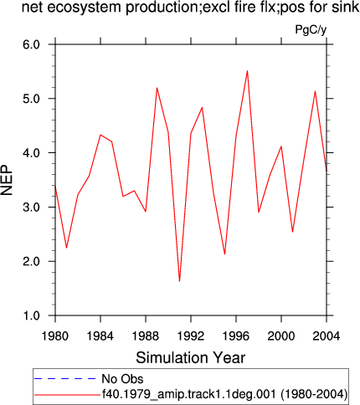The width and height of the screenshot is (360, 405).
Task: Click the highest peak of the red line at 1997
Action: pyautogui.click(x=247, y=71)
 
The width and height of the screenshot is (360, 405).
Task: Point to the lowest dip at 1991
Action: pyautogui.click(x=179, y=281)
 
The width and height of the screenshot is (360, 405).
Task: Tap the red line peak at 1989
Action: pyautogui.click(x=157, y=88)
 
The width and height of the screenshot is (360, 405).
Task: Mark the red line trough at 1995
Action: pyautogui.click(x=224, y=254)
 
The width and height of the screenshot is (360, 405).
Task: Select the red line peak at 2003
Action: pyautogui.click(x=315, y=91)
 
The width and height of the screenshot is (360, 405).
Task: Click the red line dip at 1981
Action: pyautogui.click(x=66, y=248)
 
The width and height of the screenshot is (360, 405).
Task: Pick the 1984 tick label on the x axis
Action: pyautogui.click(x=100, y=336)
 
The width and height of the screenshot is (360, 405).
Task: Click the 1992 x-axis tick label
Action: pyautogui.click(x=191, y=336)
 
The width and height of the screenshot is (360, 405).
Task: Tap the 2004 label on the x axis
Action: pyautogui.click(x=327, y=336)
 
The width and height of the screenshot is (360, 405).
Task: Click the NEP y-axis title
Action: pyautogui.click(x=7, y=180)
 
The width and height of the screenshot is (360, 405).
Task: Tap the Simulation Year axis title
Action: pyautogui.click(x=191, y=357)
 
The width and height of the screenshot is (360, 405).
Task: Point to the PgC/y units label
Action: pyautogui.click(x=311, y=29)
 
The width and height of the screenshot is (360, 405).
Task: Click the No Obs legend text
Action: pyautogui.click(x=122, y=379)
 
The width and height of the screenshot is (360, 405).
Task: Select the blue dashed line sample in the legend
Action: pyautogui.click(x=64, y=379)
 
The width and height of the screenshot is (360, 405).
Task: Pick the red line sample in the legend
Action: pyautogui.click(x=67, y=395)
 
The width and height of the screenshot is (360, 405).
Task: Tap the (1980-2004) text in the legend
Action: pyautogui.click(x=314, y=394)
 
